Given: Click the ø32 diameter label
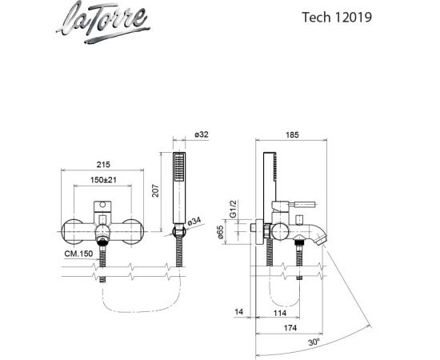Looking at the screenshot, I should click(x=202, y=134).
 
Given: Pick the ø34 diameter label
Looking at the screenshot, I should click(x=194, y=222).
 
